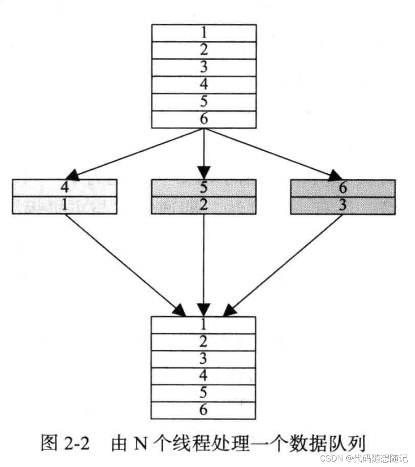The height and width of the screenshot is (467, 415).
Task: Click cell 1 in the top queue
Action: tap(204, 33)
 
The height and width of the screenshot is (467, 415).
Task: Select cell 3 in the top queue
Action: tap(204, 67)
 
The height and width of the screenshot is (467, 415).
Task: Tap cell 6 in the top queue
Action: tap(204, 119)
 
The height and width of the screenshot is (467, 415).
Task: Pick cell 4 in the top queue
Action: tap(204, 85)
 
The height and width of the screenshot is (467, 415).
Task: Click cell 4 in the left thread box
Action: tap(65, 188)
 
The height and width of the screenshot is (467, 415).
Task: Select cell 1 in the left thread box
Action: tap(65, 205)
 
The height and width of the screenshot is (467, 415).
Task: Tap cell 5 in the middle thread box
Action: tap(204, 188)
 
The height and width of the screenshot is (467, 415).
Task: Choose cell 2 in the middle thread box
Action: tap(204, 205)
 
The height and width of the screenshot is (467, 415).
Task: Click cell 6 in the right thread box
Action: tap(343, 188)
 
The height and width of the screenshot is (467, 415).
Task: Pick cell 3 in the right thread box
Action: tap(343, 205)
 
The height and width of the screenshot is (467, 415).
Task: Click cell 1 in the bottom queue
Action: tap(203, 324)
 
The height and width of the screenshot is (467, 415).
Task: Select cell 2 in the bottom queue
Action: tap(203, 342)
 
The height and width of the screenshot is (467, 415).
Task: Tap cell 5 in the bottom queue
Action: tap(203, 393)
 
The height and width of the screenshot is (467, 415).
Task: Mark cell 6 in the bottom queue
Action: tap(203, 410)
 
